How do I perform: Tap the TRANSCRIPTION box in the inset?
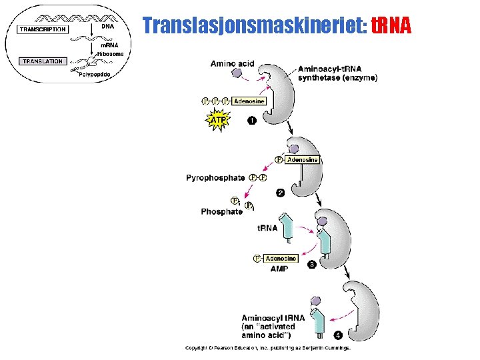tap(43, 29)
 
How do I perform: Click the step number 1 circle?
tap(251, 121)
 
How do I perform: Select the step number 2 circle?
tap(281, 193)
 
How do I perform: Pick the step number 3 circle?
tap(311, 265)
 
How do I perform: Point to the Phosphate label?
tap(221, 211)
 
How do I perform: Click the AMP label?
tap(279, 269)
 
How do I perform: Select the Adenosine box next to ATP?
tap(249, 101)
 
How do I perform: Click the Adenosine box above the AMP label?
tap(280, 259)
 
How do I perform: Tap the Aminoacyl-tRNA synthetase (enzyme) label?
tap(337, 73)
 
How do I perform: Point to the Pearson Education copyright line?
tap(268, 347)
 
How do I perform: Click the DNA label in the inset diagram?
tap(107, 27)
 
